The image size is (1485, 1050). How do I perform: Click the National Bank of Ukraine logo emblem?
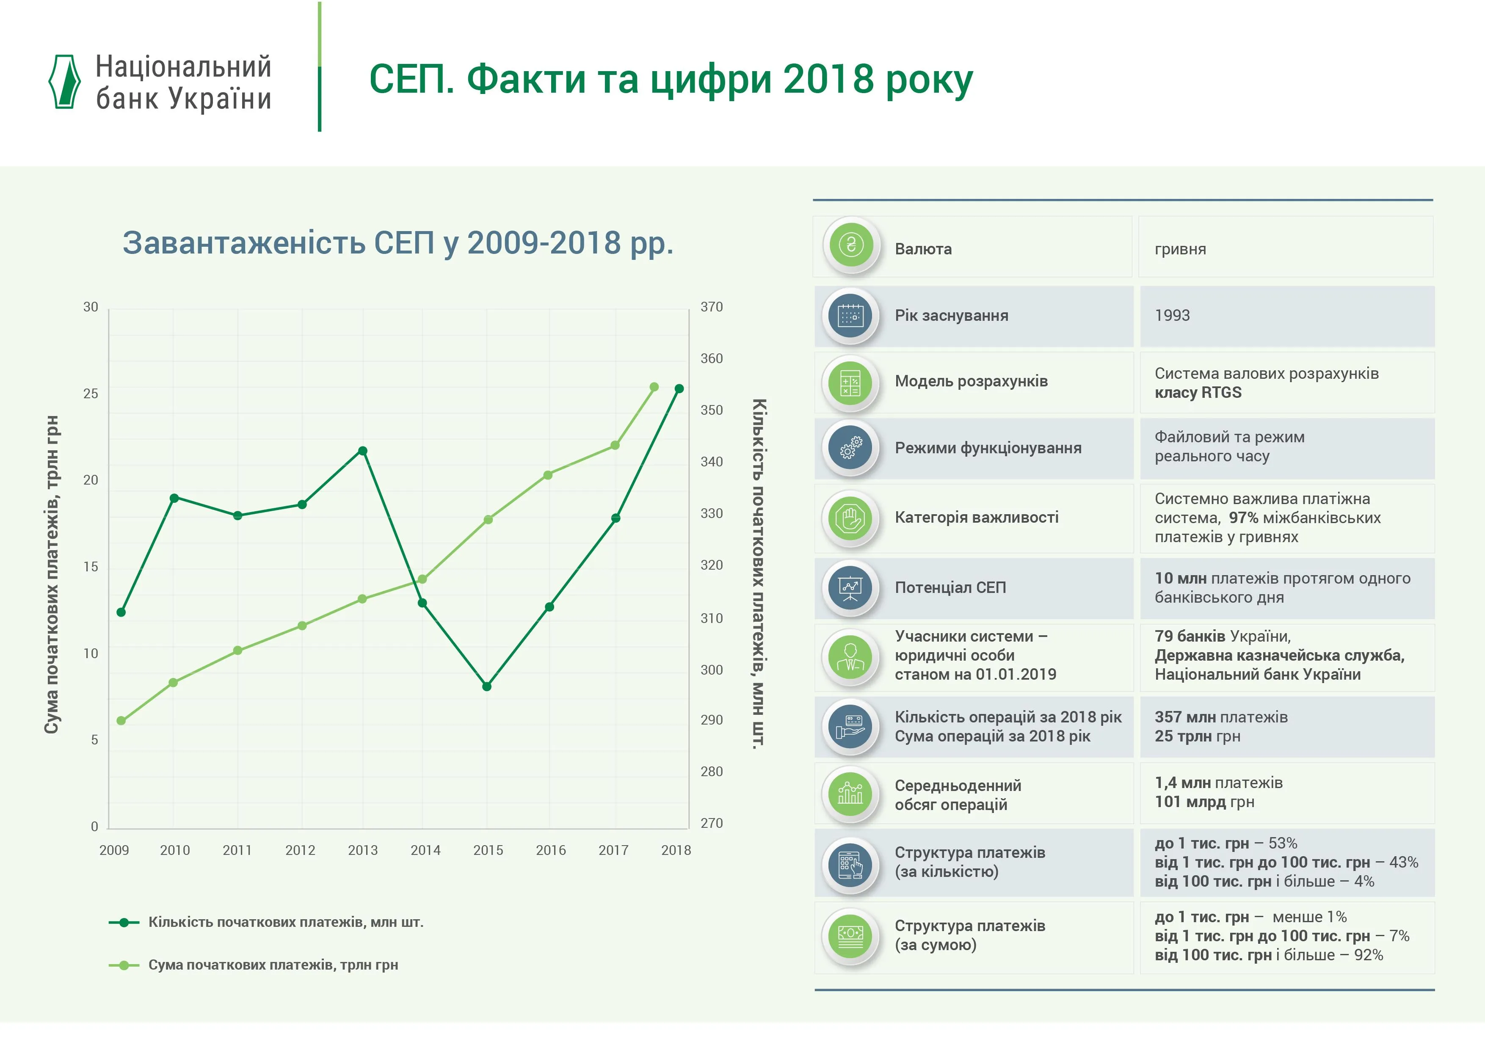pyautogui.click(x=65, y=81)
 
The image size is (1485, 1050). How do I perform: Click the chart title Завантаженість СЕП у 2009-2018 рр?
pyautogui.click(x=398, y=243)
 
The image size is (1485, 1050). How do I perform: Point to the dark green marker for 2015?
pyautogui.click(x=487, y=686)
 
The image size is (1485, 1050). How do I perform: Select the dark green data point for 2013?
pyautogui.click(x=363, y=451)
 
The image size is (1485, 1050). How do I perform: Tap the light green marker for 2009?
pyautogui.click(x=121, y=721)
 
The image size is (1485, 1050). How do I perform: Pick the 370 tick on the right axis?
pyautogui.click(x=712, y=307)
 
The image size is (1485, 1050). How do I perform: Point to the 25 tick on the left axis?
pyautogui.click(x=91, y=394)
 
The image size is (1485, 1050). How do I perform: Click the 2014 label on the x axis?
pyautogui.click(x=425, y=850)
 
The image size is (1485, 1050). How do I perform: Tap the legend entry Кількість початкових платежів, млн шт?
pyautogui.click(x=285, y=923)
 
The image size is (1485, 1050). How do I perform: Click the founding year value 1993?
pyautogui.click(x=1172, y=316)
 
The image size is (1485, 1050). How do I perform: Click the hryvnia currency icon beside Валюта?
pyautogui.click(x=851, y=245)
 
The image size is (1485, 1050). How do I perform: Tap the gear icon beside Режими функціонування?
pyautogui.click(x=851, y=447)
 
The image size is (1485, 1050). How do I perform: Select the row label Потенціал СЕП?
pyautogui.click(x=950, y=588)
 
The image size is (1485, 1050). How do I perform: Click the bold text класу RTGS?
pyautogui.click(x=1198, y=392)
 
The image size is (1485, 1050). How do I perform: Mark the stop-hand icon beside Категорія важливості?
pyautogui.click(x=851, y=518)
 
